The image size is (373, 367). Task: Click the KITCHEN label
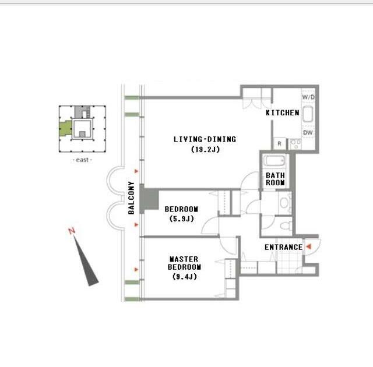click(282, 112)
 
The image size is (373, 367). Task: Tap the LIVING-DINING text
click(205, 139)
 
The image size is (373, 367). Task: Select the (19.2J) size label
click(206, 150)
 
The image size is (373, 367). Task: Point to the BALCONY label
click(131, 197)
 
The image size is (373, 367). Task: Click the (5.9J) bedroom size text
click(182, 218)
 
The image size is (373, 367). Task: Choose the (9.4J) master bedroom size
click(185, 277)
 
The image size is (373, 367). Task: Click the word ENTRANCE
click(284, 247)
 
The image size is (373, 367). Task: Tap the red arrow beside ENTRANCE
click(309, 247)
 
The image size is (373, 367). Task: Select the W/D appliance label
click(308, 97)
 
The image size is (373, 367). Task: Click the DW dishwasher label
click(308, 133)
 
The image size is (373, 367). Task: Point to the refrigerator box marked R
click(280, 143)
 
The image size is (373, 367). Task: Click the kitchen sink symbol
click(308, 114)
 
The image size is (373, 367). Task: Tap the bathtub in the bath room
click(275, 161)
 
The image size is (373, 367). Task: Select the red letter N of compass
click(72, 231)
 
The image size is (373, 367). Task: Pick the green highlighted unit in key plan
click(65, 128)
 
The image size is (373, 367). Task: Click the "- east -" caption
click(82, 160)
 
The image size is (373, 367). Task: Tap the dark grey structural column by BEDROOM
click(149, 199)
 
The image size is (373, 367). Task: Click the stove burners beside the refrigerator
click(295, 144)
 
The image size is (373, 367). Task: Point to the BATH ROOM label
click(275, 179)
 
